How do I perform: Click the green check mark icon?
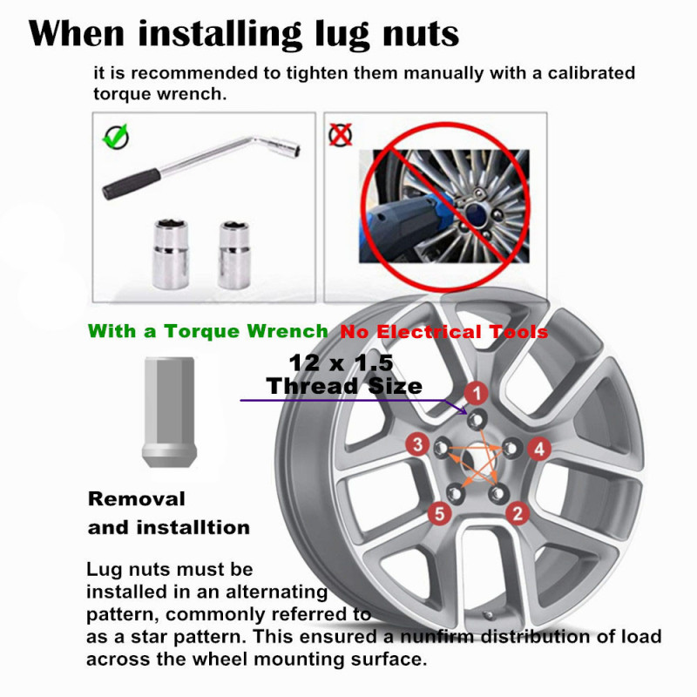pyautogui.click(x=116, y=136)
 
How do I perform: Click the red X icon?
pyautogui.click(x=340, y=134)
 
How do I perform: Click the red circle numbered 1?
pyautogui.click(x=475, y=393)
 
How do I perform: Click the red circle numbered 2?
pyautogui.click(x=518, y=512)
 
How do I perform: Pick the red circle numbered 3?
pyautogui.click(x=419, y=446)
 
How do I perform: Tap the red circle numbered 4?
pyautogui.click(x=540, y=449)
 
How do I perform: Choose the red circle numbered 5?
pyautogui.click(x=441, y=513)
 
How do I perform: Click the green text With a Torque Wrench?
pyautogui.click(x=208, y=331)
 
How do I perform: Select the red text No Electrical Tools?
pyautogui.click(x=443, y=332)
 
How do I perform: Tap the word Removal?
pyautogui.click(x=137, y=499)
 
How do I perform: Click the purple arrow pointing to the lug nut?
pyautogui.click(x=348, y=400)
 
